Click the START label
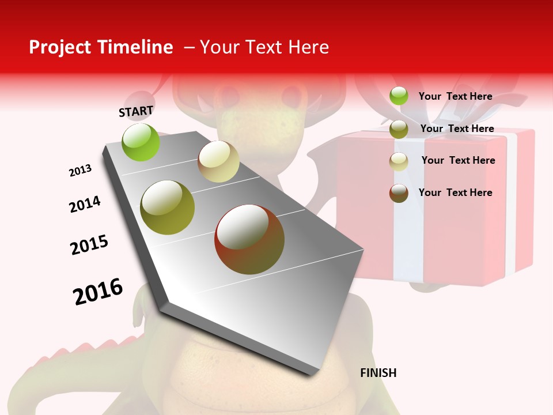pos(136,111)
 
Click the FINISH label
pos(378,373)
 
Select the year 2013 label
pos(81,171)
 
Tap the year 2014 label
pos(85,204)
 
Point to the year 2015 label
pos(89,245)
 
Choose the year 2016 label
pos(98,291)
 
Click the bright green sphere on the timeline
pos(141,142)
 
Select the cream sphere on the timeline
pos(218,161)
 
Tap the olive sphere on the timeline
pos(168,207)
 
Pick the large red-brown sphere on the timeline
pos(249,239)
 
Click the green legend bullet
pos(399,96)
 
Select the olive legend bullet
pos(399,129)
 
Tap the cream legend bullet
pos(399,161)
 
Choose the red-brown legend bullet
pos(399,193)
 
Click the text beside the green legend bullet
pos(455,96)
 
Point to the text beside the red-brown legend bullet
pos(455,193)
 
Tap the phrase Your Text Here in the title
pos(264,47)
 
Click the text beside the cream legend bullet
pos(458,160)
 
